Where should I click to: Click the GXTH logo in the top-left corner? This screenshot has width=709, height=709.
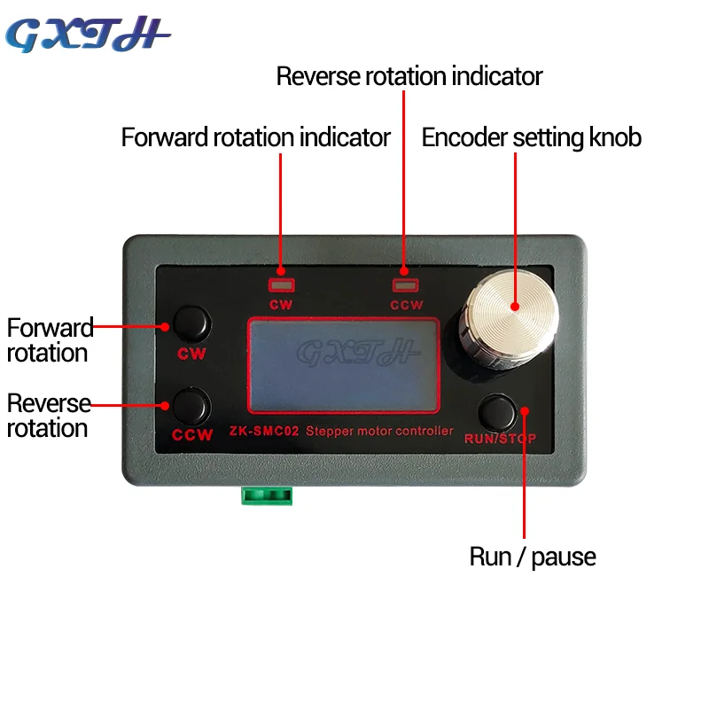coord(88,35)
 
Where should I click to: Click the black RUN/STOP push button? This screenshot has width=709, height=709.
coord(499,411)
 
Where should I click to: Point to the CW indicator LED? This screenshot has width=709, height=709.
coord(281,285)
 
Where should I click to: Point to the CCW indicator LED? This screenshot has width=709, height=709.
coord(405,285)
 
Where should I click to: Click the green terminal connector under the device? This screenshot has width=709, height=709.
coord(267,495)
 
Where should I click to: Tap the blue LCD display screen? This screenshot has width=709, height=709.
coord(343,364)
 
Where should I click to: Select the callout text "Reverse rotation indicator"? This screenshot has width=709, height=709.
coord(409,76)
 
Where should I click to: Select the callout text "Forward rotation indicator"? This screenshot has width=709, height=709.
coord(255,137)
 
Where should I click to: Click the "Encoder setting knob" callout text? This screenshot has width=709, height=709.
coord(531,137)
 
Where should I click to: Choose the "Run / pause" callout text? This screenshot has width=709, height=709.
coord(532,557)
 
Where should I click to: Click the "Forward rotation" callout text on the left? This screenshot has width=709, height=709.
coord(49,340)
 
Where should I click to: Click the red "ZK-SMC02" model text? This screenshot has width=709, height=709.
coord(264,432)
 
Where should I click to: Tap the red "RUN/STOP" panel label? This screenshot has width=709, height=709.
coord(502,438)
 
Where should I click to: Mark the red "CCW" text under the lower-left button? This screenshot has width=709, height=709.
coord(192,435)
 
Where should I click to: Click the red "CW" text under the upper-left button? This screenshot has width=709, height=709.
coord(191,354)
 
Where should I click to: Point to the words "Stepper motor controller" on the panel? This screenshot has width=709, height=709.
coord(379,432)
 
